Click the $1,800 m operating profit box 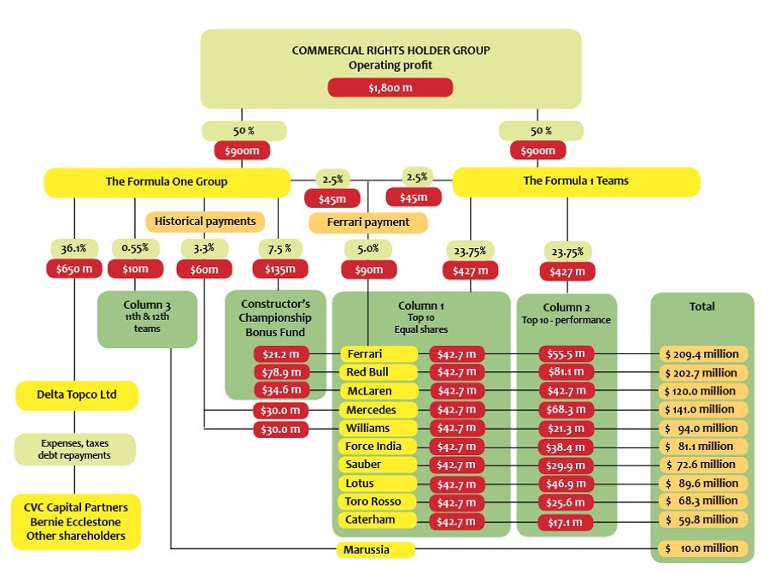pyautogui.click(x=390, y=87)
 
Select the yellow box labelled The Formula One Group pyautogui.click(x=167, y=181)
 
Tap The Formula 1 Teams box pyautogui.click(x=575, y=181)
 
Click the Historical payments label pyautogui.click(x=205, y=222)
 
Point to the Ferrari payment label pyautogui.click(x=368, y=222)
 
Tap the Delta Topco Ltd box pyautogui.click(x=76, y=395)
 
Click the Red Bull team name pyautogui.click(x=379, y=372)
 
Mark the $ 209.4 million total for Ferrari pyautogui.click(x=701, y=354)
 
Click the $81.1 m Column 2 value pyautogui.click(x=566, y=373)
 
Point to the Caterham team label pyautogui.click(x=379, y=519)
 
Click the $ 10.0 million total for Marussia pyautogui.click(x=701, y=548)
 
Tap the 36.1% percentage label pyautogui.click(x=73, y=249)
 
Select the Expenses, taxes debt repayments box pyautogui.click(x=76, y=449)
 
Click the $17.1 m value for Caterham pyautogui.click(x=566, y=520)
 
